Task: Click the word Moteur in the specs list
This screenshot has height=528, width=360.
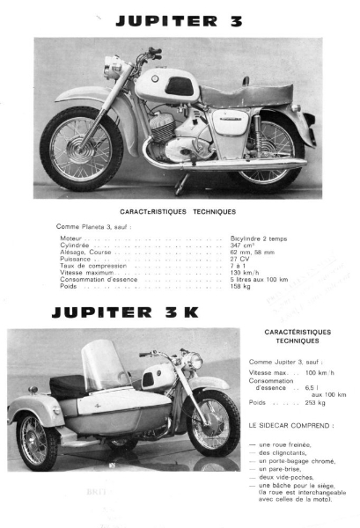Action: (x=71, y=238)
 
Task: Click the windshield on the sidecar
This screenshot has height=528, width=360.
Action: (x=106, y=366)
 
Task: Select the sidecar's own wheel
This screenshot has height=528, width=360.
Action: (x=36, y=440)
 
